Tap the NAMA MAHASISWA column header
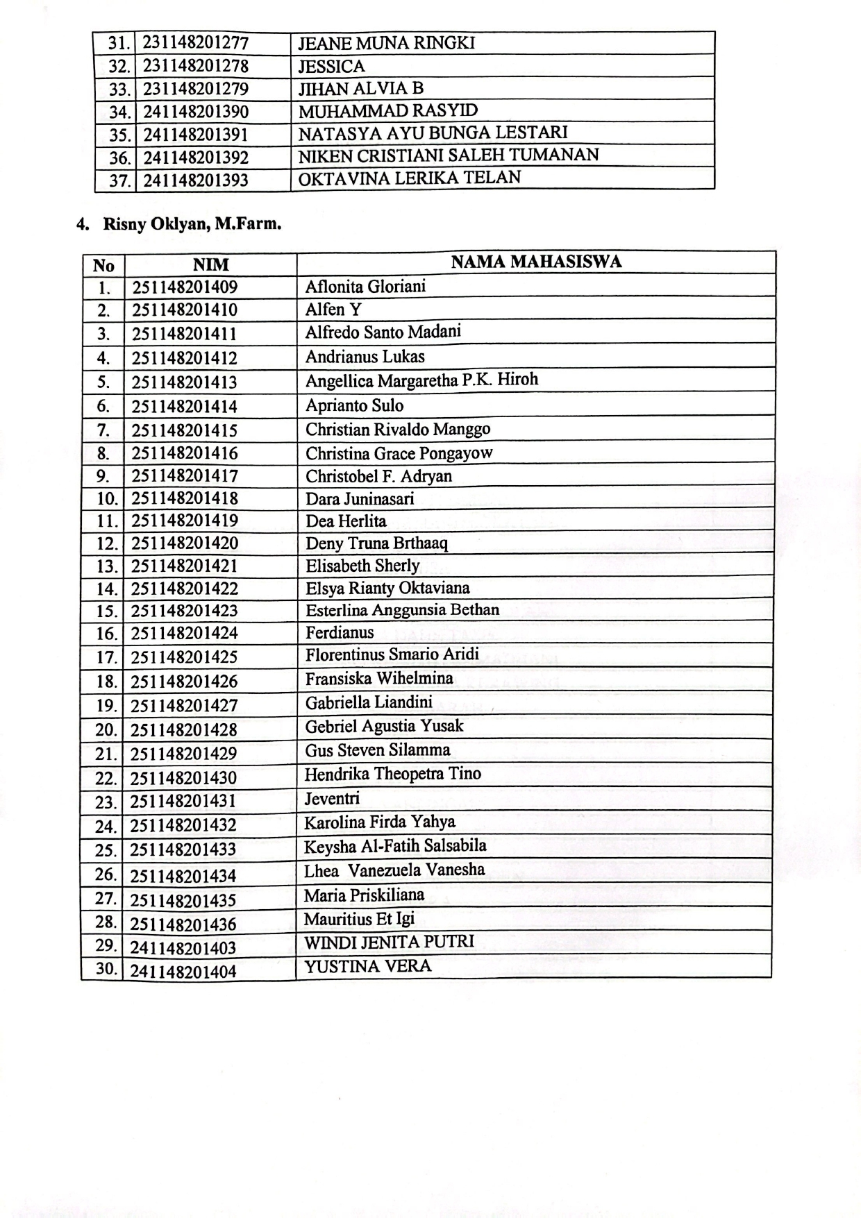click(535, 262)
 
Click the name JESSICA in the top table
click(331, 67)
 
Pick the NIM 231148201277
click(195, 43)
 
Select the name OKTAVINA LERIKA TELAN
click(409, 178)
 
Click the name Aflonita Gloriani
click(365, 287)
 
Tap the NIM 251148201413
click(184, 382)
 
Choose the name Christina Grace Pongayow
click(399, 453)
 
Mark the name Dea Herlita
click(346, 521)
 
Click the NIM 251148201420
click(184, 543)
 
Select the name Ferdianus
click(340, 632)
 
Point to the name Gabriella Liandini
click(369, 702)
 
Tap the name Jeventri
click(332, 798)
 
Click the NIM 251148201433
click(183, 849)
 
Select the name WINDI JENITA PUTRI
click(389, 942)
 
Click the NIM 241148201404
click(183, 972)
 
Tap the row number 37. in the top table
click(119, 180)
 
